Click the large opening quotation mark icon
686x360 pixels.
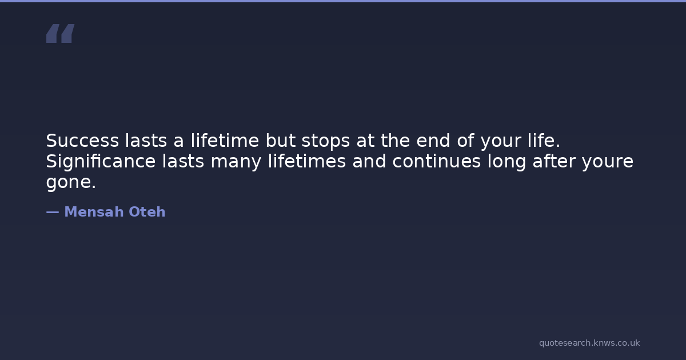(x=61, y=33)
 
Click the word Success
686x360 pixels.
(x=82, y=141)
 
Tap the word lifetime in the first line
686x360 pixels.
(x=225, y=141)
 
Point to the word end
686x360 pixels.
(x=433, y=141)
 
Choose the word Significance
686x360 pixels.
(x=101, y=162)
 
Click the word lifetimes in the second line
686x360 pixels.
(x=307, y=161)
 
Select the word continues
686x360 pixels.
(x=437, y=161)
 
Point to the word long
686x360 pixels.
(x=507, y=162)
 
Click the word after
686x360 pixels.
(x=555, y=161)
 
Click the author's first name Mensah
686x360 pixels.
(x=94, y=212)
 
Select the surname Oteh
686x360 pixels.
(x=147, y=212)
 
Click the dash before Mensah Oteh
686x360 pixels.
(x=53, y=212)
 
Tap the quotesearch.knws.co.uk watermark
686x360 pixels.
(x=589, y=343)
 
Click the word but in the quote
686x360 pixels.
(x=281, y=141)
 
